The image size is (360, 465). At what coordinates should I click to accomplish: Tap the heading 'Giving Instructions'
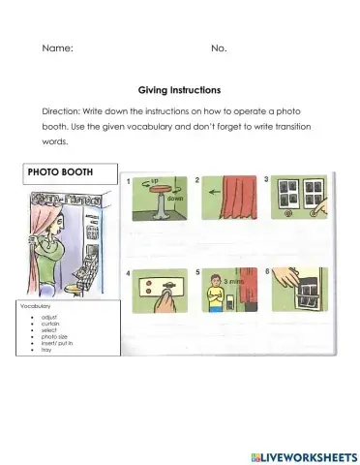[x=179, y=87]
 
